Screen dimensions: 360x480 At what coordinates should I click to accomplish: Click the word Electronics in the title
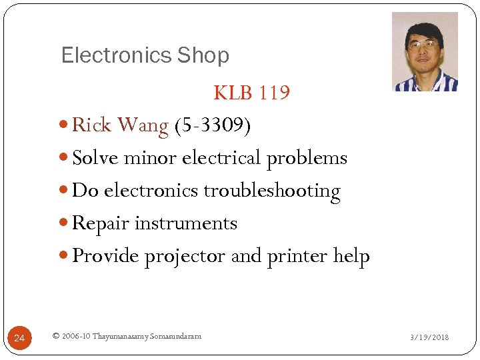pos(107,55)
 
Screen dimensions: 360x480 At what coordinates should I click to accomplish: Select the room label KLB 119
pos(251,93)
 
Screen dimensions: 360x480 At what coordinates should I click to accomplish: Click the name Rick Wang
pos(120,125)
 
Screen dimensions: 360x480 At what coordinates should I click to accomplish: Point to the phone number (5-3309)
pos(212,125)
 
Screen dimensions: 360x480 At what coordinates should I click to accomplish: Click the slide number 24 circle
pos(19,339)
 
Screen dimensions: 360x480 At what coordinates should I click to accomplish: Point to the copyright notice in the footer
pos(126,336)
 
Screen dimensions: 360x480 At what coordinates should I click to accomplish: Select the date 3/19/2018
pos(429,337)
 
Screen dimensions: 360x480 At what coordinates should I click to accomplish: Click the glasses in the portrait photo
pos(423,46)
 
